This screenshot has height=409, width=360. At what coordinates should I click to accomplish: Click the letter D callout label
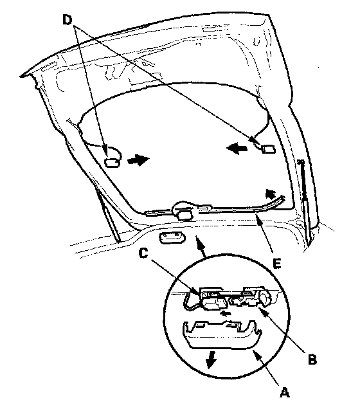coord(67,20)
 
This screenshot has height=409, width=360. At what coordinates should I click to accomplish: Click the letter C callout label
coord(143,253)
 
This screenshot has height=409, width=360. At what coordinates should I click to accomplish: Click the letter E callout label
coord(277,263)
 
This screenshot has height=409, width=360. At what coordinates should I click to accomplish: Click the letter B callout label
coord(312,359)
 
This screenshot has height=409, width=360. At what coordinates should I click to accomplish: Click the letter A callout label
coord(285,392)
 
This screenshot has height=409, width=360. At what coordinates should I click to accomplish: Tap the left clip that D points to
coord(113,163)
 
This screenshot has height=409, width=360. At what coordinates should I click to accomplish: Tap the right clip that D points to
coord(269,149)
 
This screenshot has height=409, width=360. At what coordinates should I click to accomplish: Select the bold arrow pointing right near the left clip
coord(138,159)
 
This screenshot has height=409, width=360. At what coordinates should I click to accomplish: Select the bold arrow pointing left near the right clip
coord(237,149)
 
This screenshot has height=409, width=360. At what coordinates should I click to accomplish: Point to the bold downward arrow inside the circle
coord(211,360)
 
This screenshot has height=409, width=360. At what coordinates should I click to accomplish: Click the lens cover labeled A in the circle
coord(222,334)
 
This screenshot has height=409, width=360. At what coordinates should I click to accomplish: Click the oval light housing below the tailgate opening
coord(172,239)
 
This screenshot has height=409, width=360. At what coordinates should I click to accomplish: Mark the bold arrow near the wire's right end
coord(271,194)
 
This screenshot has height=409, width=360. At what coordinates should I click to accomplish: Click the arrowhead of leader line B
coord(262,311)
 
